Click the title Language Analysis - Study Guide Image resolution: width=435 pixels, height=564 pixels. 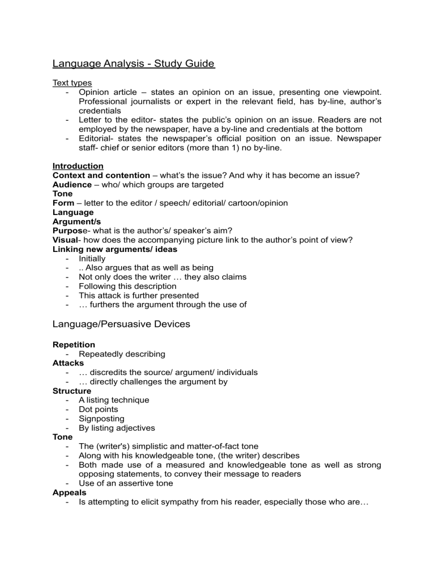click(x=133, y=64)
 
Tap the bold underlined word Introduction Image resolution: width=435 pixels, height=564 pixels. click(x=78, y=166)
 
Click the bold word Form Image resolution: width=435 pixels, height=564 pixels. click(x=63, y=203)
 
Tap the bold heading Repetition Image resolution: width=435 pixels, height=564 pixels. click(x=74, y=344)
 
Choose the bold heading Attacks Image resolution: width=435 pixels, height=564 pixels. click(x=68, y=363)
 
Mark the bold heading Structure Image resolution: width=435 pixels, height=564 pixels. click(x=72, y=391)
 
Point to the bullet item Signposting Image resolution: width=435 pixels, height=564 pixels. click(x=101, y=418)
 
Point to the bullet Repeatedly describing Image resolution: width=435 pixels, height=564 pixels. click(x=122, y=354)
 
